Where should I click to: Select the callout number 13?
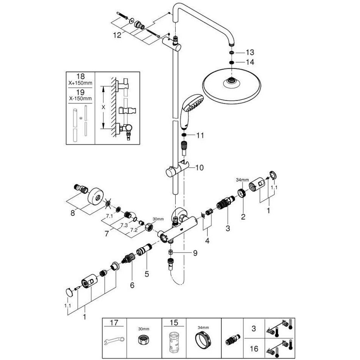point(249,53)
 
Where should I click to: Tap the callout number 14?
point(249,62)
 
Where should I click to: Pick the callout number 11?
point(200,136)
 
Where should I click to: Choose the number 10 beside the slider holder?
point(199,167)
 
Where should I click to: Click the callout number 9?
point(195,253)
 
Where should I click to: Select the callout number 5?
point(147,274)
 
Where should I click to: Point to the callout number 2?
point(243,217)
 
